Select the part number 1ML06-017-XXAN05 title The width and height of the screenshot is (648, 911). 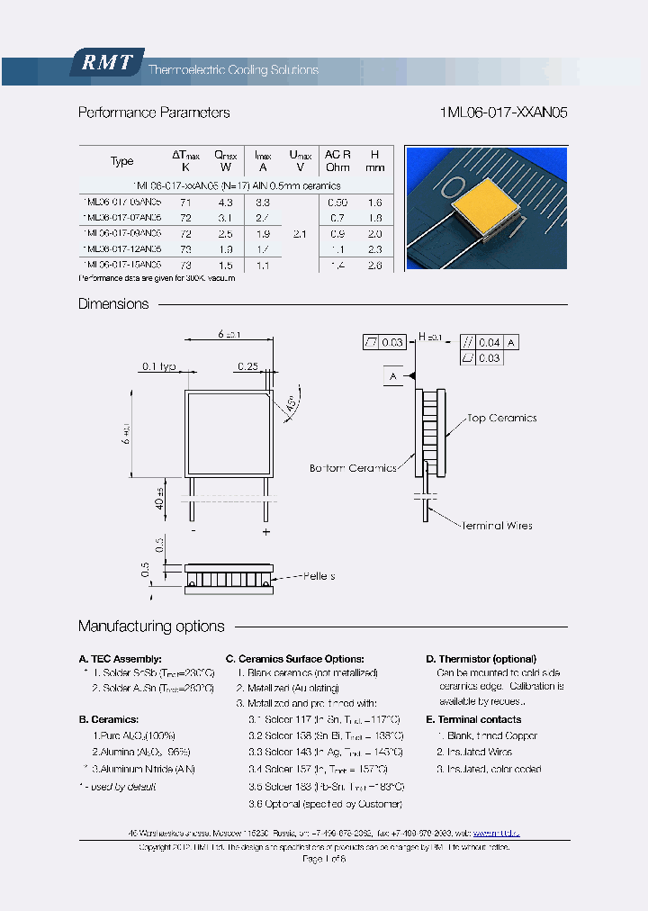[503, 113]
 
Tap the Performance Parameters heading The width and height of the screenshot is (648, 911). [153, 113]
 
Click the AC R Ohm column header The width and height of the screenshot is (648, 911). [337, 160]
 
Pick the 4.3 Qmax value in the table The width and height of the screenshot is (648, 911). [225, 203]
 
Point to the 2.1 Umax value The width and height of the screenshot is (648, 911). [300, 233]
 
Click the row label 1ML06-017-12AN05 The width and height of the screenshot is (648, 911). [121, 248]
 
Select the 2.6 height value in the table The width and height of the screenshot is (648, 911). [375, 265]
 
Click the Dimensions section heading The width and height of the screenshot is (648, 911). [113, 304]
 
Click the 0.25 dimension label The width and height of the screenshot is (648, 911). [247, 366]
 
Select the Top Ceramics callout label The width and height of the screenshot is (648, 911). [501, 419]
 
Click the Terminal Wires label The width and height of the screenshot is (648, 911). [497, 526]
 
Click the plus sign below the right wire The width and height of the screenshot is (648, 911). [265, 532]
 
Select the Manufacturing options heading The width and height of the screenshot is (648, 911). [151, 627]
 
